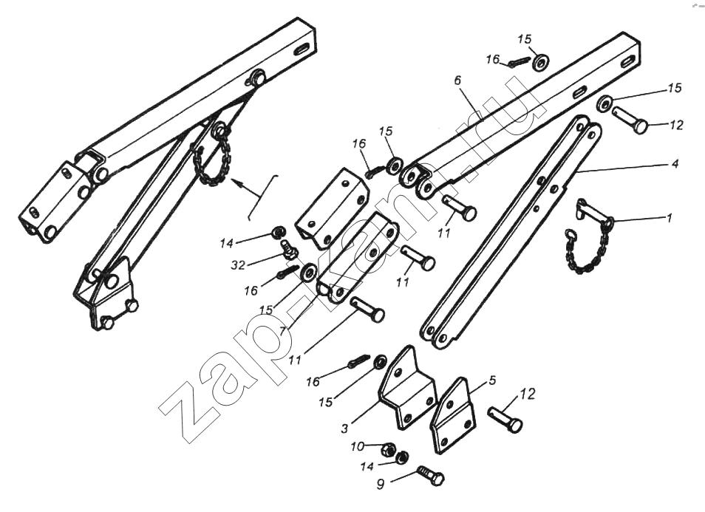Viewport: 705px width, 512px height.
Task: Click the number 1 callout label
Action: [x=669, y=219]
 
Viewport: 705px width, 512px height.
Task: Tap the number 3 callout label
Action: [x=344, y=429]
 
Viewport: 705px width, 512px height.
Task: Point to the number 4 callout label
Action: [x=675, y=163]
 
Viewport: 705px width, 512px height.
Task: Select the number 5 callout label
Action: [x=492, y=380]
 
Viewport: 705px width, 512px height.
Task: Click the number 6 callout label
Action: [x=457, y=81]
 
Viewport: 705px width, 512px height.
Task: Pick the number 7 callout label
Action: [x=282, y=331]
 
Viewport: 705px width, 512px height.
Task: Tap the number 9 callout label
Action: [x=381, y=485]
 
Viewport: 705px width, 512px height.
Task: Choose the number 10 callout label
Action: [x=358, y=447]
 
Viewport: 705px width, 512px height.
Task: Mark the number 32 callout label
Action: [x=238, y=265]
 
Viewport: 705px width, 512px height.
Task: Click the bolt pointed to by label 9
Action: [x=431, y=475]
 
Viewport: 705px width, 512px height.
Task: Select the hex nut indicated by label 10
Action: [x=388, y=448]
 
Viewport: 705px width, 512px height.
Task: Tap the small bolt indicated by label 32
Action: [x=287, y=249]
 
